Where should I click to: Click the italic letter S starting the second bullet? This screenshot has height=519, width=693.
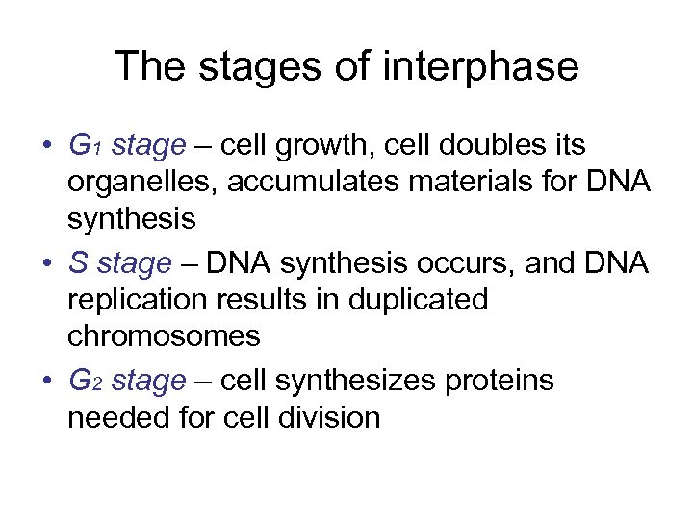(77, 263)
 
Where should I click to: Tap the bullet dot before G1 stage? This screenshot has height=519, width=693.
(48, 147)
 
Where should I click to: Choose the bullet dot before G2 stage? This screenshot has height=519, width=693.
(48, 383)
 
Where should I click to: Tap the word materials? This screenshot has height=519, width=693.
(476, 183)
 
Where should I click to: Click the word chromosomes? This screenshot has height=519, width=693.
(164, 336)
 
